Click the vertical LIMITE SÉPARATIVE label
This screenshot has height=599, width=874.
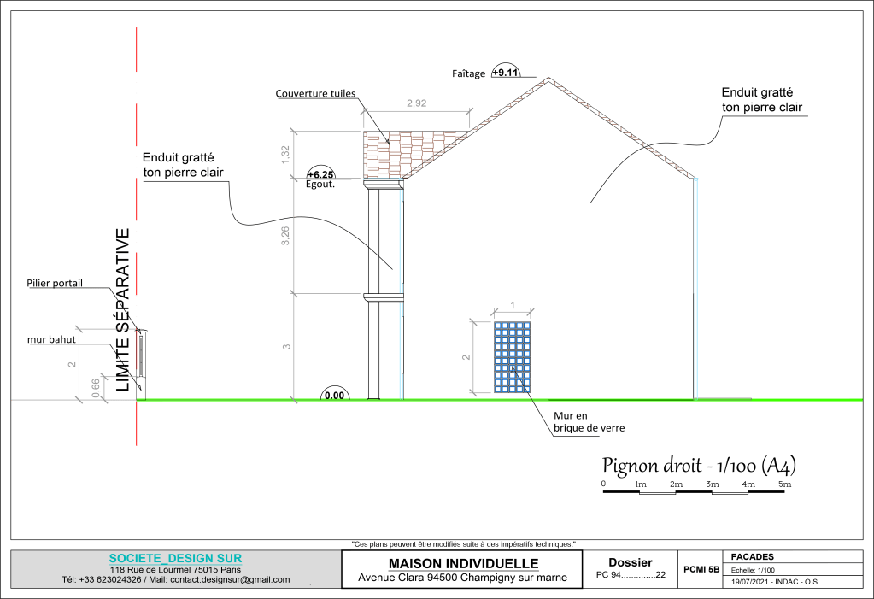(123, 309)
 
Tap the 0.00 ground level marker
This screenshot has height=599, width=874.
(335, 395)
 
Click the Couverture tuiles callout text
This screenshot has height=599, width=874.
(315, 94)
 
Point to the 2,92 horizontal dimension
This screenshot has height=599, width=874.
(416, 103)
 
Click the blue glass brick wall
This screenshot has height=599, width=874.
(513, 357)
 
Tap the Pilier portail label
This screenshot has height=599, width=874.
(55, 283)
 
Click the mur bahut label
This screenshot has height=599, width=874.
(51, 339)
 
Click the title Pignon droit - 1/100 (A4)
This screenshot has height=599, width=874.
(700, 466)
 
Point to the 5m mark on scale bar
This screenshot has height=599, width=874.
(784, 484)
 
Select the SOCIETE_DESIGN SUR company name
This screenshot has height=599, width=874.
(175, 558)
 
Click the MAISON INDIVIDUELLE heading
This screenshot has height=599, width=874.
(462, 563)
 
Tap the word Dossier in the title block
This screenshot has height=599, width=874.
(631, 562)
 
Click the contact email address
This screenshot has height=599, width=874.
(230, 579)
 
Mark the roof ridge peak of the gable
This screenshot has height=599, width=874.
(548, 79)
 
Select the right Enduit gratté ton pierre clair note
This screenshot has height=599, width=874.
(758, 100)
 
